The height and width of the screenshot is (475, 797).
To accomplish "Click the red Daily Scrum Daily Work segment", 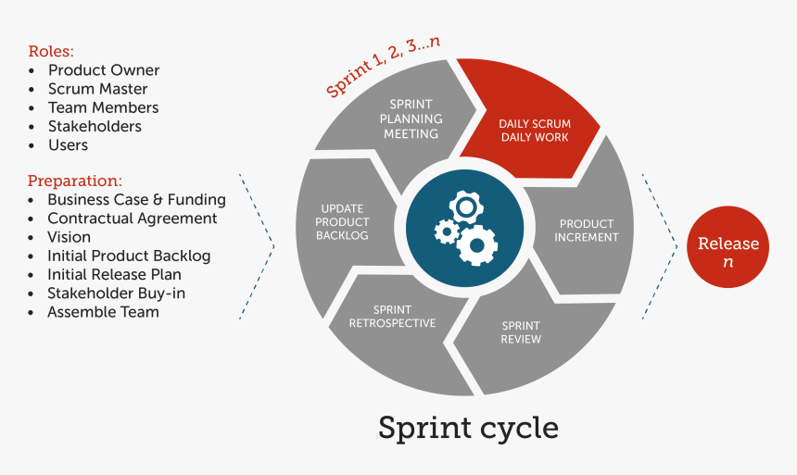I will coord(534,130).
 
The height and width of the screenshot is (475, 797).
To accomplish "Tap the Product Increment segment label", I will coord(587,231).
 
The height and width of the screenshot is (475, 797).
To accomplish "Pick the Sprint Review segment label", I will coord(521,332).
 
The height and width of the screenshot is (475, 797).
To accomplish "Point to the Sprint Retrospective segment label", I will coord(392,317).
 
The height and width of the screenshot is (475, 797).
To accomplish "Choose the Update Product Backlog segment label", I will coord(342,222).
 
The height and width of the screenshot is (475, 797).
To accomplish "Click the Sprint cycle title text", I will coord(468,428).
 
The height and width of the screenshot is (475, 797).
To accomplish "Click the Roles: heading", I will coord(51,51).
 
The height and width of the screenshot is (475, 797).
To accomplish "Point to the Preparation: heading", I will coord(75,181).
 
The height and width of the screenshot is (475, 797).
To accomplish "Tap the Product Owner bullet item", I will coord(103,70).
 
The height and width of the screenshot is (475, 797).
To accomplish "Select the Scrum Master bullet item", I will coord(97,89).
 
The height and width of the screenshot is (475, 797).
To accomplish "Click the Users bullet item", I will coord(68,145).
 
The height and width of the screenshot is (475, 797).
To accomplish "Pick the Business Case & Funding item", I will coord(136,200).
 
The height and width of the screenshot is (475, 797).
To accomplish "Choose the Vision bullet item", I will coord(69,237).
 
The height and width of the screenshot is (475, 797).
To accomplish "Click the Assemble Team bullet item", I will coord(103,312).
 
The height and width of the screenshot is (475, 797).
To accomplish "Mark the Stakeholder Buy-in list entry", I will coord(116,294).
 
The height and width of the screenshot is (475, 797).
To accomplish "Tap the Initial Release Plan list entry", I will coord(114,275).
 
